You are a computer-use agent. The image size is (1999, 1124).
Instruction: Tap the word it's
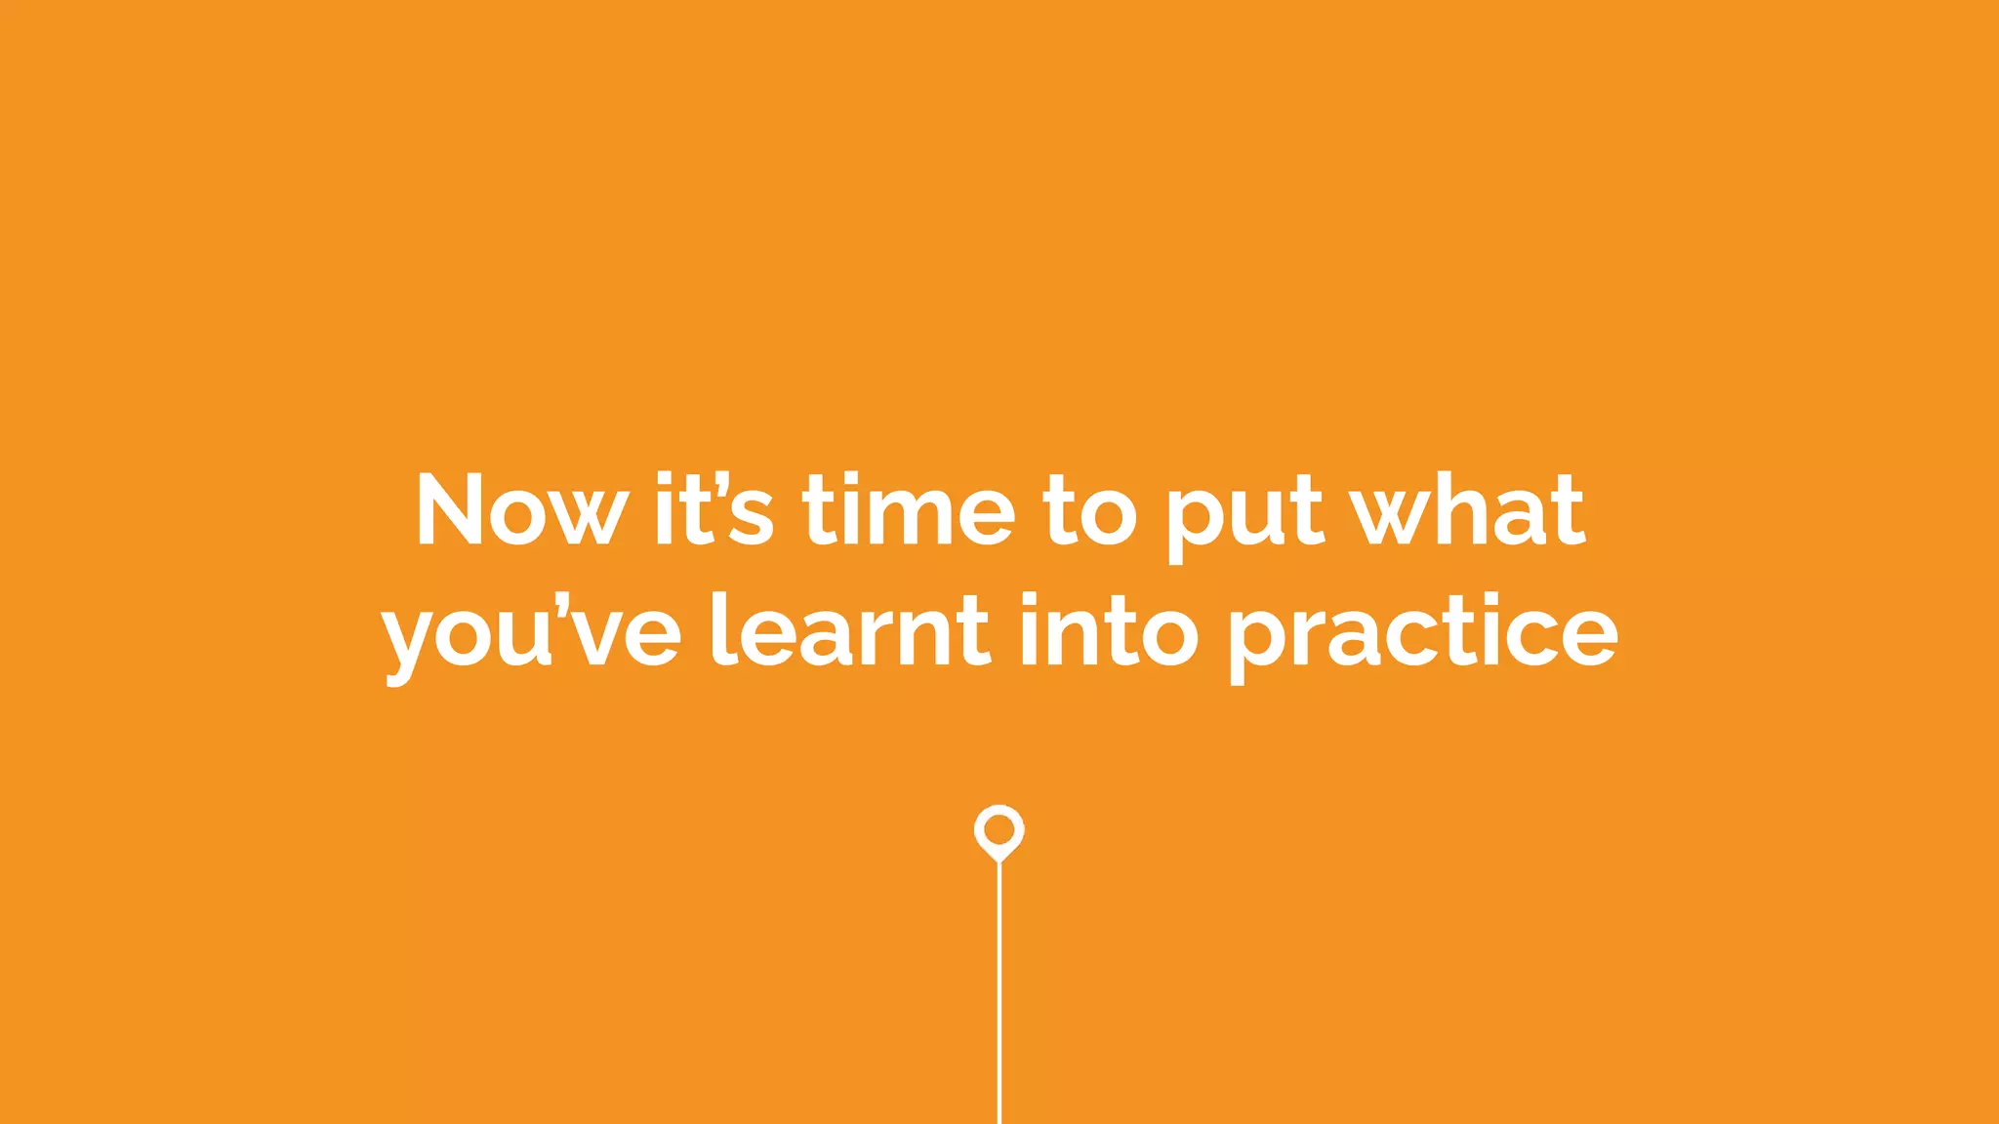(714, 510)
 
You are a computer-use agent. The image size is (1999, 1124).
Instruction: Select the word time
(909, 510)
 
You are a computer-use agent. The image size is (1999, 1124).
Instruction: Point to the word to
(1090, 510)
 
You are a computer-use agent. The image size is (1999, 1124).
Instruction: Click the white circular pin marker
(999, 830)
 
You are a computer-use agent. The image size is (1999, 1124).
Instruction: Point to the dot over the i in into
(1029, 600)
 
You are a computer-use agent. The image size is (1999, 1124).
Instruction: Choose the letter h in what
(1459, 508)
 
